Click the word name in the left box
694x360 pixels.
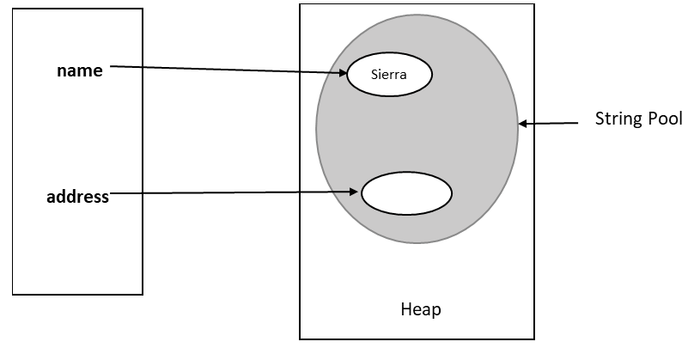point(79,71)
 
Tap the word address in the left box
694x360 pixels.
point(77,197)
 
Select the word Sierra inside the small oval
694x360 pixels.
point(388,75)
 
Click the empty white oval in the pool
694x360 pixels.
point(406,194)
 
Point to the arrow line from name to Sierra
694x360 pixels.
point(223,69)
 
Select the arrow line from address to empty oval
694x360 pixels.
point(232,193)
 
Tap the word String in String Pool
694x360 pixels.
point(614,119)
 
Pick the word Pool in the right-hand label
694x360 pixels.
point(663,119)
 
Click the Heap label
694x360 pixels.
point(421,309)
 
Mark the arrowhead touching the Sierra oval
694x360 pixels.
point(342,72)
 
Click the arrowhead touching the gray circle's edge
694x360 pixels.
point(523,124)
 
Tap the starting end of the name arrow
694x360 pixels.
point(113,66)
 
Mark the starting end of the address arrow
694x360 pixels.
point(113,194)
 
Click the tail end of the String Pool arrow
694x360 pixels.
point(577,123)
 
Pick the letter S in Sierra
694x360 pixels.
point(374,75)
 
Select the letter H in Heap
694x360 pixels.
point(406,309)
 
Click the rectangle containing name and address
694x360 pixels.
point(77,258)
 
